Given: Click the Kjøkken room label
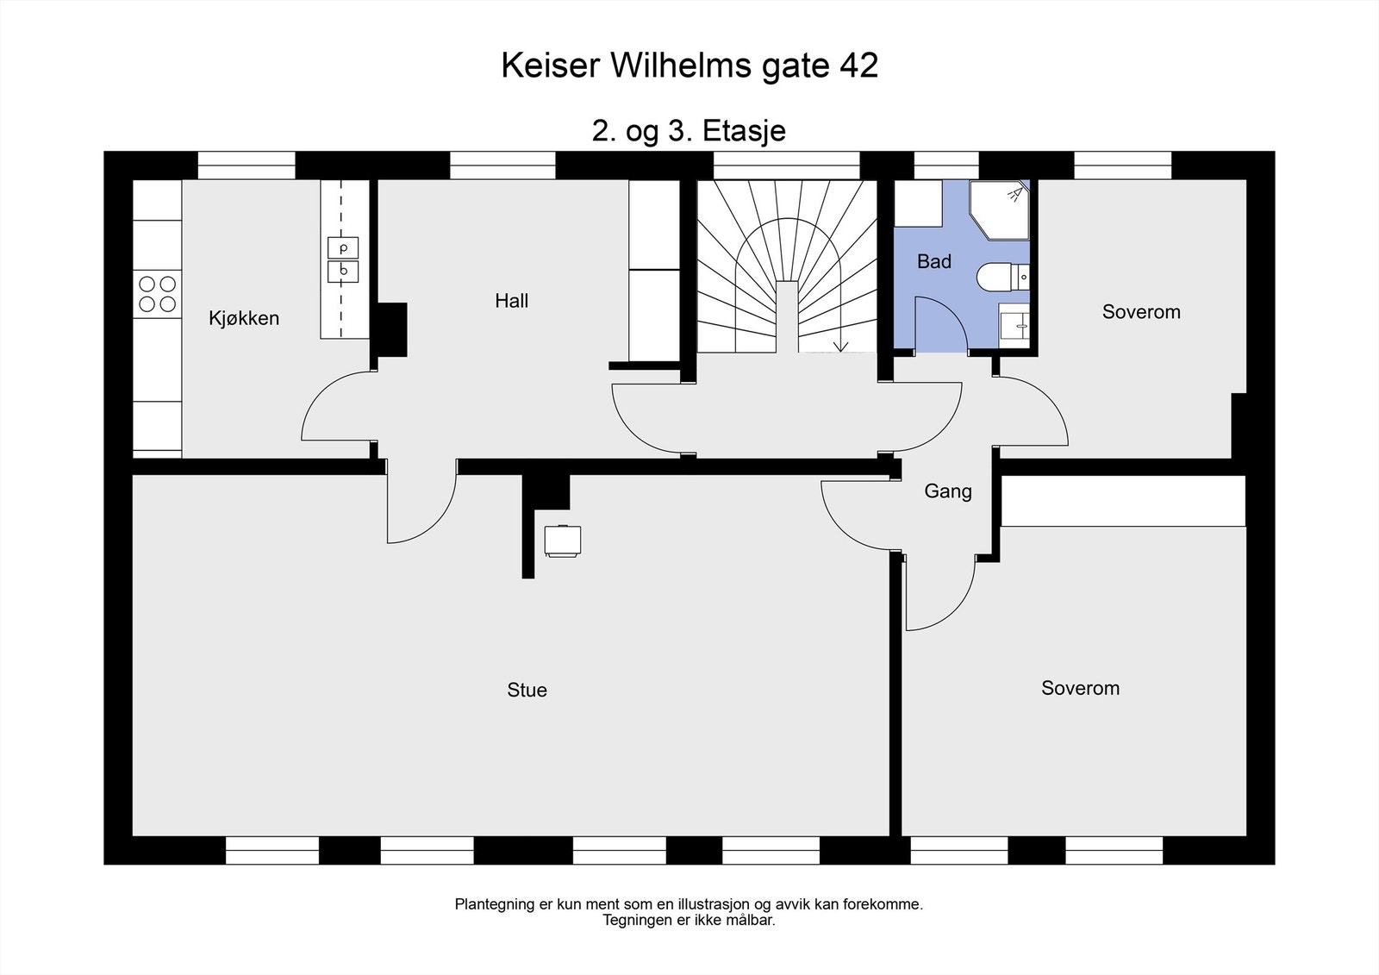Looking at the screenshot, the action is coord(244,318).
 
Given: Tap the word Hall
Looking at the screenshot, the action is coord(512,301).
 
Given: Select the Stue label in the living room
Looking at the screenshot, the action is coord(527,690).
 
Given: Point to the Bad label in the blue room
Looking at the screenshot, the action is coord(934,262).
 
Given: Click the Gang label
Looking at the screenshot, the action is coord(948,491).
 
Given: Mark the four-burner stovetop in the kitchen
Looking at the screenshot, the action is coord(158,294).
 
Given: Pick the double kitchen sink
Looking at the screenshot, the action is coord(343,260).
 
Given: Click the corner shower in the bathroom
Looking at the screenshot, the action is coord(999,210).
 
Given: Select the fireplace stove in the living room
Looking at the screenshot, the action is coord(563,541).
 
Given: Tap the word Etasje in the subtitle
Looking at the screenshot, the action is coord(745,131).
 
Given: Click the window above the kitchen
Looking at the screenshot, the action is coord(246,166).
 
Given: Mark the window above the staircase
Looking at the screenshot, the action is coord(786,166).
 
